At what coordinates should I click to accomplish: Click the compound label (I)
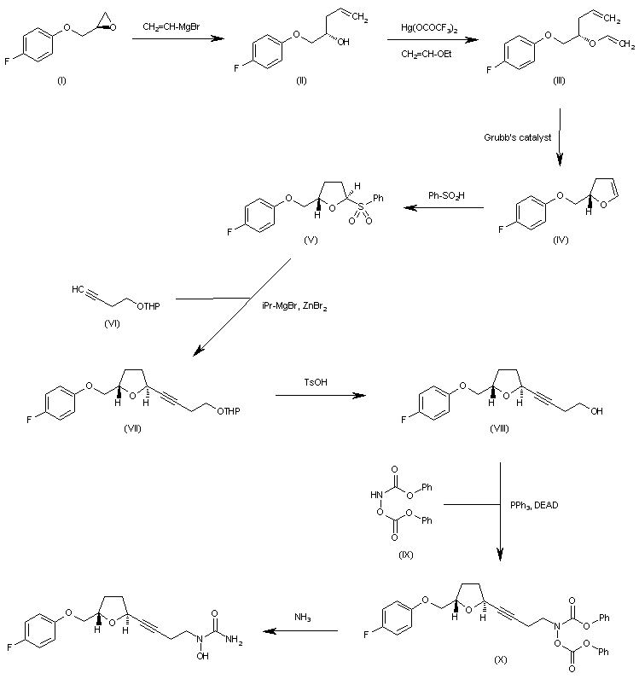pos(62,80)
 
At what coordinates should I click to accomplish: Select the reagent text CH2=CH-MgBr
pos(171,26)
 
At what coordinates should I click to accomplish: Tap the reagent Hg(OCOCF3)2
pos(429,28)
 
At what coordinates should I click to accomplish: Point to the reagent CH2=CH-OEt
pos(427,54)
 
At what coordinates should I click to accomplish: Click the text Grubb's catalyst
pos(517,137)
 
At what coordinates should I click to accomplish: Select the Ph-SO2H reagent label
pos(446,195)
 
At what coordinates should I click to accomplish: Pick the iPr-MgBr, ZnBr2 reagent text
pos(294,306)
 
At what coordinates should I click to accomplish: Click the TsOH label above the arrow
pos(316,382)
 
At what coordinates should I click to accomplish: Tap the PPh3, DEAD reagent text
pos(534,505)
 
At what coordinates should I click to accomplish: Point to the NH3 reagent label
pos(302,618)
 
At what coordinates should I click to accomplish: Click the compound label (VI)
pos(113,323)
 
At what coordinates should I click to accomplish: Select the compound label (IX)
pos(406,554)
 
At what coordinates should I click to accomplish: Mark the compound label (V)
pos(311,240)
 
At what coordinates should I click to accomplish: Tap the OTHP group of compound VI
pos(148,306)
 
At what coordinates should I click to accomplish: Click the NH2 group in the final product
pos(234,639)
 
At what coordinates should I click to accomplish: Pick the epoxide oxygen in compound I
pos(113,27)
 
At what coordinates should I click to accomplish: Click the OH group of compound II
pos(343,42)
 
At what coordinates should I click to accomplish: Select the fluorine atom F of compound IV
pos(501,229)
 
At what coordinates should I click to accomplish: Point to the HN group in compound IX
pos(376,495)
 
